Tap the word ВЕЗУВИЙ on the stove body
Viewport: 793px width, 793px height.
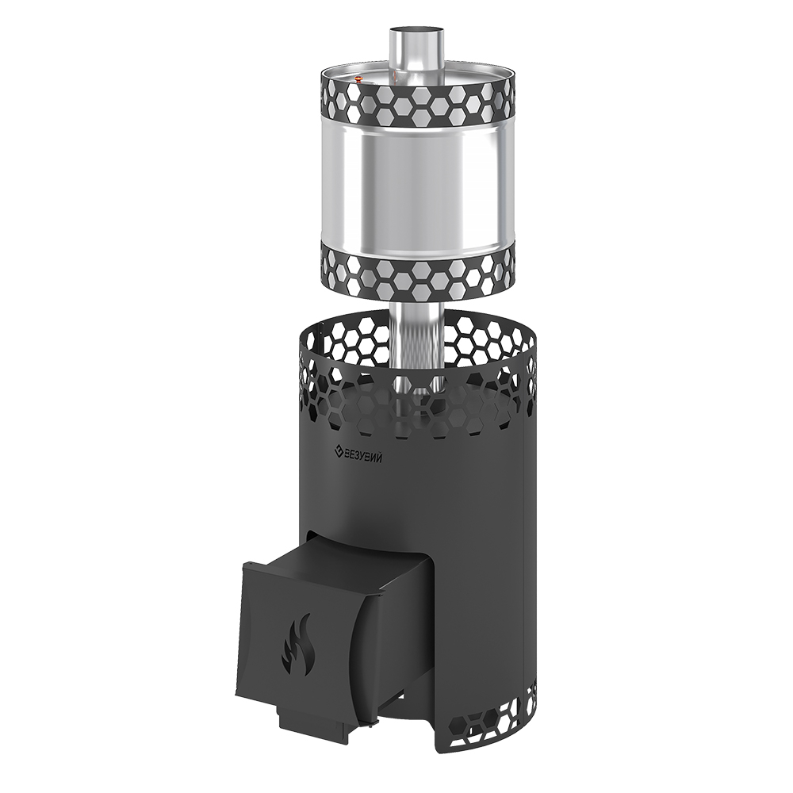[363, 452]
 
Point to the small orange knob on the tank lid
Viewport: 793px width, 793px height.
[358, 79]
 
